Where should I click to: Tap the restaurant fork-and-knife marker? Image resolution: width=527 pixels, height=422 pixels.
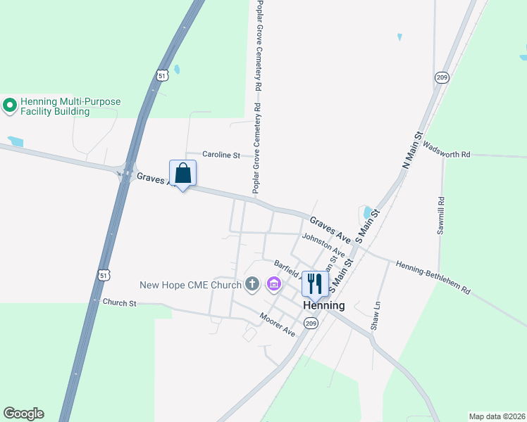(x=315, y=283)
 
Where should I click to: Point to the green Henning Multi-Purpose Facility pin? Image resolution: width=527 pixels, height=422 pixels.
(x=10, y=106)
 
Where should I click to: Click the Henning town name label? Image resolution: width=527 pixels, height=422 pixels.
(x=324, y=305)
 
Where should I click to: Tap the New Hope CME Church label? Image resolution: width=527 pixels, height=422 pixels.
(x=190, y=285)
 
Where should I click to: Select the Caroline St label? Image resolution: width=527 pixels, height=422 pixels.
(x=221, y=154)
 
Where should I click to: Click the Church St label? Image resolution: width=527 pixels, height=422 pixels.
(x=119, y=302)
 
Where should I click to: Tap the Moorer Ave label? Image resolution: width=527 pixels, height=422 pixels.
(x=277, y=325)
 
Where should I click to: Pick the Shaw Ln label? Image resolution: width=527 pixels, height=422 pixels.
(x=376, y=316)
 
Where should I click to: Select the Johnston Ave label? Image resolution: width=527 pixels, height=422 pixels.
(x=323, y=244)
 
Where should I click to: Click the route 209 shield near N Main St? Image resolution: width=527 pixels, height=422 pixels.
(x=442, y=77)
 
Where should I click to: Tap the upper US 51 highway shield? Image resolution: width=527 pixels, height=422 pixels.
(x=163, y=75)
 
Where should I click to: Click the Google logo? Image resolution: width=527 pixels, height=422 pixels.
(x=23, y=414)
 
